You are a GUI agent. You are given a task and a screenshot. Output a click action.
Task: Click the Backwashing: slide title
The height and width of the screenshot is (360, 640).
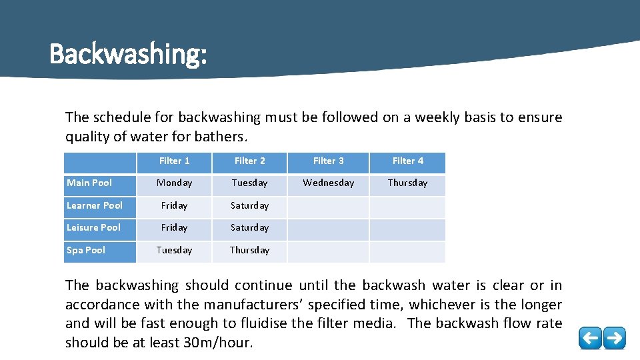pos(128,54)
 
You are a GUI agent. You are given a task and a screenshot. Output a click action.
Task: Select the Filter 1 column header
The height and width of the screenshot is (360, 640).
pos(174,161)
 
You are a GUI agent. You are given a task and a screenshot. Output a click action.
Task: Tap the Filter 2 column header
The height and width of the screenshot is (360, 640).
pos(249,161)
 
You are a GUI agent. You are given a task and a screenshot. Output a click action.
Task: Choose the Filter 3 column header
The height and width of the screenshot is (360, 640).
pos(329,161)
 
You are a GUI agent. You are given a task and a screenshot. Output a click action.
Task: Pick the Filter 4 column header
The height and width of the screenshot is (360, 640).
pos(407,161)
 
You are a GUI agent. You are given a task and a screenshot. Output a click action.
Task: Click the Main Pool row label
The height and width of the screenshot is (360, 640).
pos(89,183)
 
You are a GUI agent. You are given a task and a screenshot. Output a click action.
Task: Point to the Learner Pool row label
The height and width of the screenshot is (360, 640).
pos(95,205)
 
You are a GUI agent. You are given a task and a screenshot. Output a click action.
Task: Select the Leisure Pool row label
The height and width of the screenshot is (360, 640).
pos(93,227)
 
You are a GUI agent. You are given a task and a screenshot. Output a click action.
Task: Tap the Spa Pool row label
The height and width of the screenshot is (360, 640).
pos(86,250)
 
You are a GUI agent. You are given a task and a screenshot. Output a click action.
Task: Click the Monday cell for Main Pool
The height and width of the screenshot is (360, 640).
pos(174,183)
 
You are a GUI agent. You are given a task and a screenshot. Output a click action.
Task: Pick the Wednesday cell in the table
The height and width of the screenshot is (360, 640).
pos(329,183)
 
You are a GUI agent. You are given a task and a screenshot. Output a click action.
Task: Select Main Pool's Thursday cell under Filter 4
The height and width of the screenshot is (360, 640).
pos(407,183)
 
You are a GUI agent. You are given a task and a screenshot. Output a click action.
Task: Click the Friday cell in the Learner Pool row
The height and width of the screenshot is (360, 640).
pos(174,205)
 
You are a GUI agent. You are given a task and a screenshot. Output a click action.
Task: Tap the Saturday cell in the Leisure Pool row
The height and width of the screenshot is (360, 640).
pos(249,227)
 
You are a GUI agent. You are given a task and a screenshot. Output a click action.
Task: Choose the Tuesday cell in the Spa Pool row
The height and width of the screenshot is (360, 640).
pos(174,250)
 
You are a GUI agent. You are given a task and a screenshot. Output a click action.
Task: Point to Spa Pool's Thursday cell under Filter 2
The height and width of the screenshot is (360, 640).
pos(249,250)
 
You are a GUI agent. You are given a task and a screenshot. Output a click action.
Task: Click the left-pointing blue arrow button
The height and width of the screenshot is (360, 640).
pos(589,338)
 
